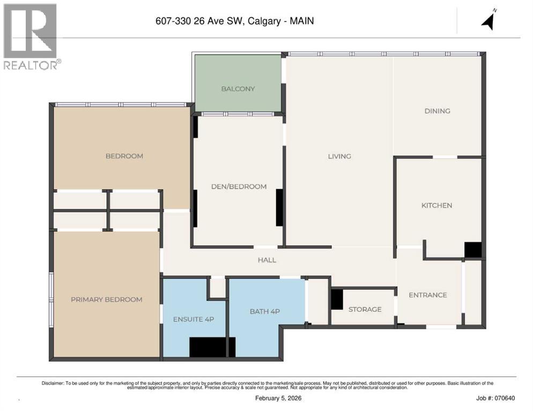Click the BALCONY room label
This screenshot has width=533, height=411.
point(238,89)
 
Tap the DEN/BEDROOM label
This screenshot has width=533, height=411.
point(238,186)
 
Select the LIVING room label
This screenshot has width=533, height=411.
point(339,156)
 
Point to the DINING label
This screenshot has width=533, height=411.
point(437,111)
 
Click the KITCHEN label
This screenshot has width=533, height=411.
point(436,205)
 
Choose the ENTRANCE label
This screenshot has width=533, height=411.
point(427,295)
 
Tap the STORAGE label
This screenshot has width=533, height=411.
point(365,309)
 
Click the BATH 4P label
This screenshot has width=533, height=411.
point(265,311)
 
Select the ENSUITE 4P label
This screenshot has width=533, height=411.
point(194,319)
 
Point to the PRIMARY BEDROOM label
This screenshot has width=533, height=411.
point(107,299)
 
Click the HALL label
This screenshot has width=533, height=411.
point(266,260)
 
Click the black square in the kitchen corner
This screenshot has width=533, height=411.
point(472,250)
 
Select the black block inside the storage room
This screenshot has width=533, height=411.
point(337,299)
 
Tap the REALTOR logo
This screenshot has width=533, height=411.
point(31,36)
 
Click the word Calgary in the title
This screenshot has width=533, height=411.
point(266,21)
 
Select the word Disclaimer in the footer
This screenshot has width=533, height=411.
point(53,383)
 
